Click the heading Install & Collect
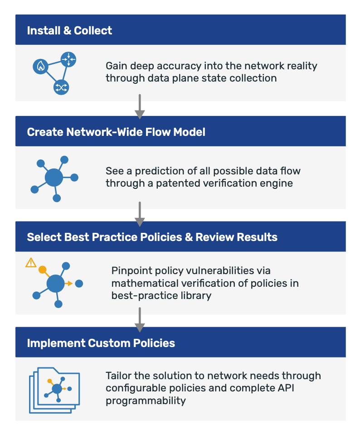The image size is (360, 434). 69,31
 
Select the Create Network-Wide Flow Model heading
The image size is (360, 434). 116,132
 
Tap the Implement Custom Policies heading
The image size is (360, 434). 101,342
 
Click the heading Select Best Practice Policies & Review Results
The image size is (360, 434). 152,237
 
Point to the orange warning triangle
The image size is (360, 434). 31,262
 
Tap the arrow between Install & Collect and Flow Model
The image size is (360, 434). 140,107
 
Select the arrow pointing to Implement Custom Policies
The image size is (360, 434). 140,320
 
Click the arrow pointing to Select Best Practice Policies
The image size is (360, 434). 140,214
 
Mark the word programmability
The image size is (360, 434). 146,401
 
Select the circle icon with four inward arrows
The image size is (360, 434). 68,59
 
